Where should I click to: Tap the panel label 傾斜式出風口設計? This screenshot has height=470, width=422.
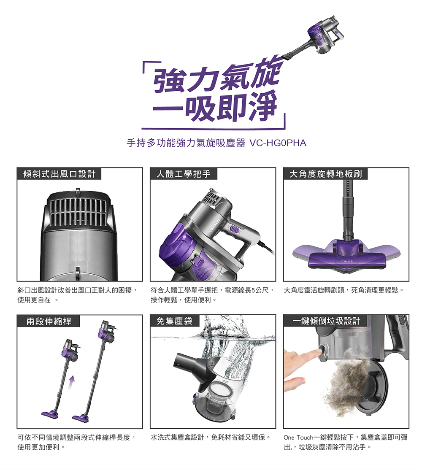click(x=60, y=174)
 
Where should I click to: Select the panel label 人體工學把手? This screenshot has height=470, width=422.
click(x=184, y=174)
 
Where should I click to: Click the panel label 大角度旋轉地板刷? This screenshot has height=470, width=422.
click(x=325, y=174)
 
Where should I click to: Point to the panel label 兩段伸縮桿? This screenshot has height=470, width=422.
click(x=49, y=321)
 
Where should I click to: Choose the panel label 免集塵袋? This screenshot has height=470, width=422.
click(x=174, y=321)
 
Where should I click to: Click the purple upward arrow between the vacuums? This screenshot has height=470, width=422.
click(x=71, y=384)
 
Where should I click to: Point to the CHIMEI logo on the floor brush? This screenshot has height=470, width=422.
click(x=347, y=262)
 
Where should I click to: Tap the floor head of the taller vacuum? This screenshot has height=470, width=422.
click(x=81, y=417)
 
